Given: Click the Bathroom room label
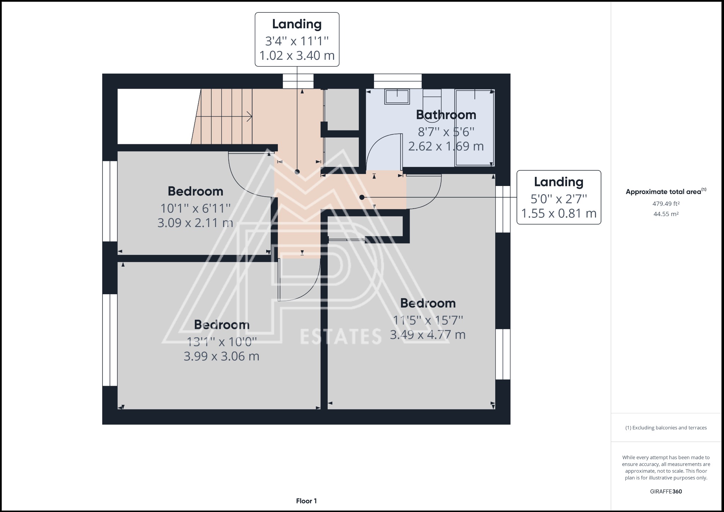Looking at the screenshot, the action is coord(446,115).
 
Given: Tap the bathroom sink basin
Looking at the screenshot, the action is coord(397,97).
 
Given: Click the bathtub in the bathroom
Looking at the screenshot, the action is coord(474,128).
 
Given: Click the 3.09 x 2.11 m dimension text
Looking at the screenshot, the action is coord(195,223).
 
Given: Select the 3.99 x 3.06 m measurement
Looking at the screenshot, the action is coord(222,356).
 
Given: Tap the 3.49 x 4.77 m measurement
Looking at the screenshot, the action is coord(428,334).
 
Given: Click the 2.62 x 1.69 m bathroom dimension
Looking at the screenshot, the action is coord(446,146).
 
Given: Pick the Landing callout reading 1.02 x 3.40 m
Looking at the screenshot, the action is coord(297,40).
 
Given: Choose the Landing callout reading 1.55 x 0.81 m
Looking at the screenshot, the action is coord(559,197).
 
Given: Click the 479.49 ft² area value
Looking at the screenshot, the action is coord(666,204).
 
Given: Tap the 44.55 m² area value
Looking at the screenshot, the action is coord(666,214).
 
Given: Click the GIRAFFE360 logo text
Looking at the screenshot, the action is coord(666,491).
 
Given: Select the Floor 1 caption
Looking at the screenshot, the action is coord(306,501).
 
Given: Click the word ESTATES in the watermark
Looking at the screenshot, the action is coord(341,336).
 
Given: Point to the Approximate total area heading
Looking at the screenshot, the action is coord(666,191).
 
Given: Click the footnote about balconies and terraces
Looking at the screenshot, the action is coord(666,428).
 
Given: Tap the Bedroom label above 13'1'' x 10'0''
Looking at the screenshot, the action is coord(222,325).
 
